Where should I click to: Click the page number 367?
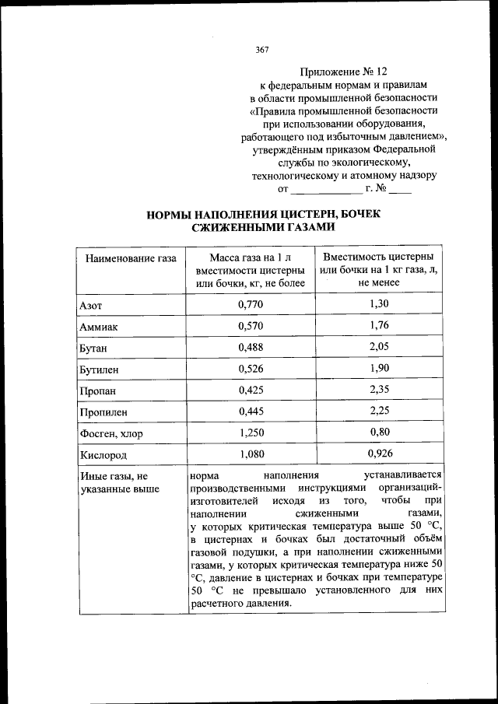tap(262, 50)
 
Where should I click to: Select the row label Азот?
tap(91, 304)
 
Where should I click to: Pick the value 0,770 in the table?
tap(251, 304)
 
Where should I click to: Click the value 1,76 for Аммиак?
tap(379, 325)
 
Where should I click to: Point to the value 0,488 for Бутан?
tap(251, 347)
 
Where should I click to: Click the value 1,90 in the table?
tap(379, 368)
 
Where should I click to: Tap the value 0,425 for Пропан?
tap(251, 390)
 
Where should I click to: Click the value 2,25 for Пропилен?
tap(379, 411)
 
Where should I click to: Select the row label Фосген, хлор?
tap(111, 433)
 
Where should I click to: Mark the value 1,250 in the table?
tap(251, 433)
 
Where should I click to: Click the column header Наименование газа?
tap(131, 258)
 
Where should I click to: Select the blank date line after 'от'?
tap(326, 190)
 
